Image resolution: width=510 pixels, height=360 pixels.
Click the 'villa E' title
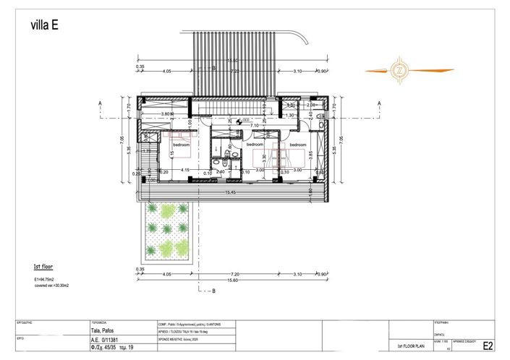click(46, 25)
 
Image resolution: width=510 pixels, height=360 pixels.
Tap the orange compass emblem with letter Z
click(409, 70)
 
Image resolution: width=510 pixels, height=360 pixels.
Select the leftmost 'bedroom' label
click(180, 145)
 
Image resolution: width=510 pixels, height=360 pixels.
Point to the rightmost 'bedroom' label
click(297, 145)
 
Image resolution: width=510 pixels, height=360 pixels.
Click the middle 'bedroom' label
click(254, 145)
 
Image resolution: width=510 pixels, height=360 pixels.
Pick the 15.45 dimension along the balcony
click(231, 192)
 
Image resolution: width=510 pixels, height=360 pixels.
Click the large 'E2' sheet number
click(488, 346)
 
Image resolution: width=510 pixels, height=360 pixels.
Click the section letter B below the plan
click(213, 291)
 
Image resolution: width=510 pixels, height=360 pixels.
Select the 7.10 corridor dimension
click(255, 126)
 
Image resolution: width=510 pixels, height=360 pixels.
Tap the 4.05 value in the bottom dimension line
click(167, 275)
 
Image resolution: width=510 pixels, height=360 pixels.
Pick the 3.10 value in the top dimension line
click(298, 72)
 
